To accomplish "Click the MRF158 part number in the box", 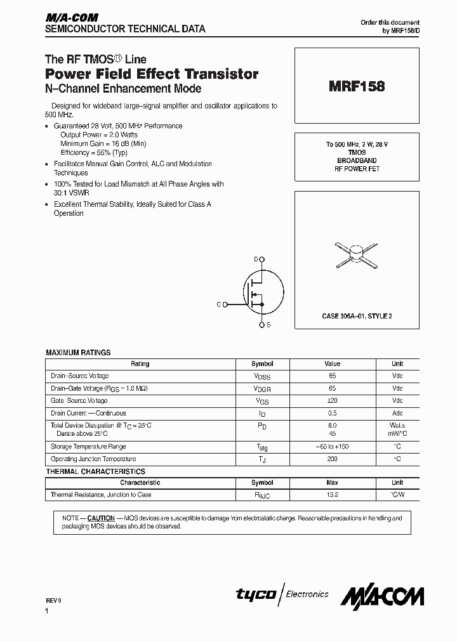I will click(x=357, y=87).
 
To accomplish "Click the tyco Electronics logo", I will click(x=282, y=594).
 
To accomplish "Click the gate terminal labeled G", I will click(x=218, y=305).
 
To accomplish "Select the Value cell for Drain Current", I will click(x=332, y=413).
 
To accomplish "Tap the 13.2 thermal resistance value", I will click(x=332, y=495).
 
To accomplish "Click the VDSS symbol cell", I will click(x=262, y=376).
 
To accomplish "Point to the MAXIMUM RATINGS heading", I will click(x=78, y=352).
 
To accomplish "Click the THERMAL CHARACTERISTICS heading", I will click(x=95, y=471).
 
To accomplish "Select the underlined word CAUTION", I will click(x=101, y=518).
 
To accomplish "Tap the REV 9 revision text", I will click(x=55, y=599).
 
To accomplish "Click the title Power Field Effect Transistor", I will click(x=152, y=74).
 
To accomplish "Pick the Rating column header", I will click(x=140, y=364).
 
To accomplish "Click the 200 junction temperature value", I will click(x=332, y=459).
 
